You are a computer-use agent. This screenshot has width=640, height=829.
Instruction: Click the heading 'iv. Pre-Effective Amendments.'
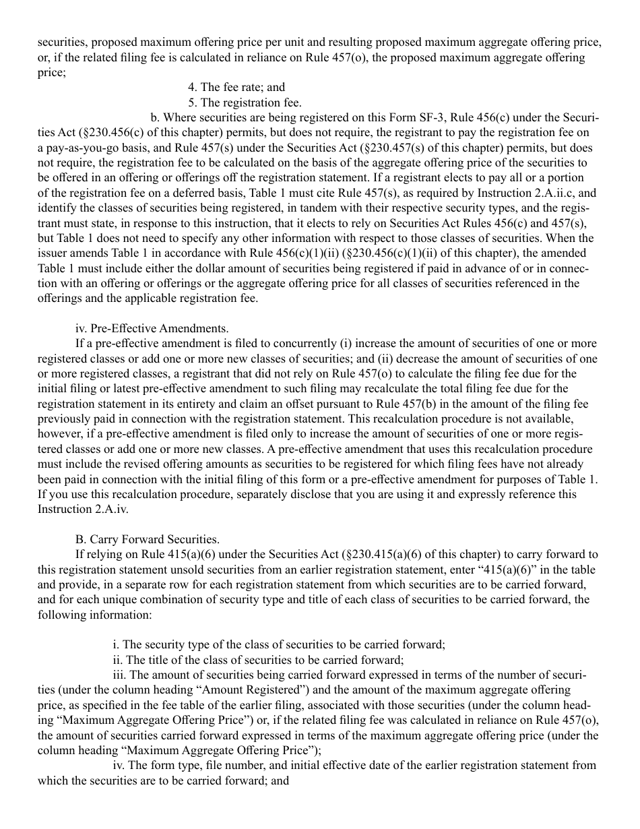(152, 329)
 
